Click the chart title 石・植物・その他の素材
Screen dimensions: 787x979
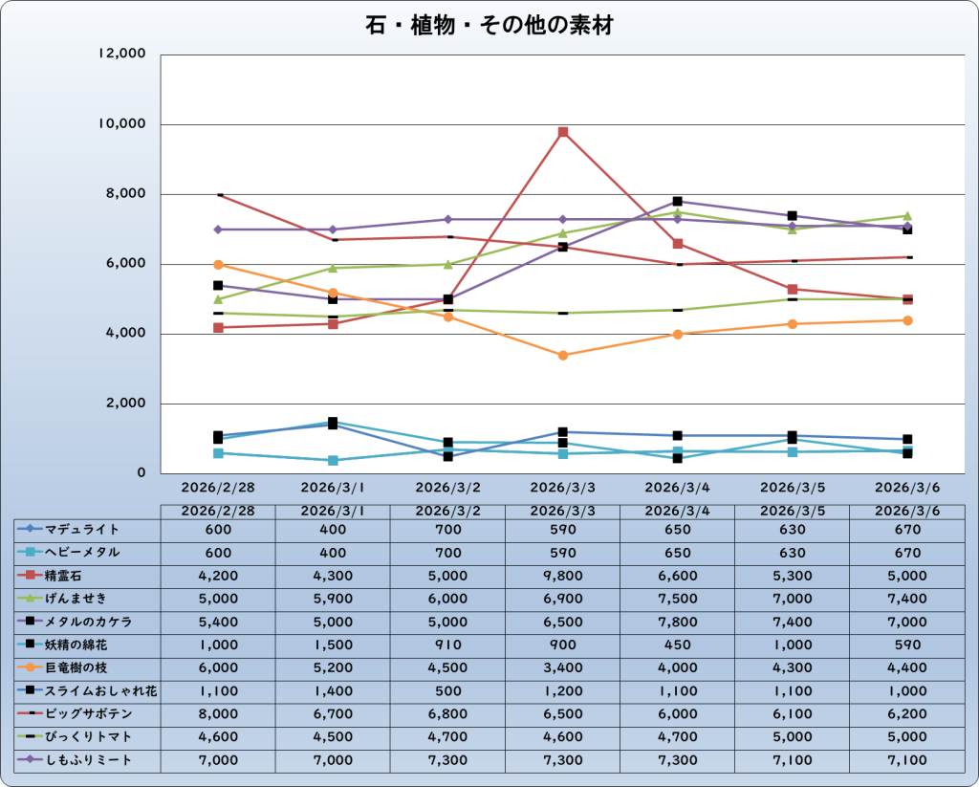coord(489,26)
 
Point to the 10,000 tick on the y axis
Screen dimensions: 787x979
coord(121,124)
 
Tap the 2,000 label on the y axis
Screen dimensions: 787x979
coord(125,404)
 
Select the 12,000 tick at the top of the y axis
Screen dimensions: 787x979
coord(121,55)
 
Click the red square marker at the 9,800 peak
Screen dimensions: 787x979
coord(563,132)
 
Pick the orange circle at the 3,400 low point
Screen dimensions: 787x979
coord(563,355)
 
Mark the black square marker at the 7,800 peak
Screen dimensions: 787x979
coord(677,202)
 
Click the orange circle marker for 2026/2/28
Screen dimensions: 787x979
coord(218,265)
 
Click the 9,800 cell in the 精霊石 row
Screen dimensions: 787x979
coord(563,576)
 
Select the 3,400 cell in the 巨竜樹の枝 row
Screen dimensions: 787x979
coord(563,667)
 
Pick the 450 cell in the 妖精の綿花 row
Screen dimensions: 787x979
coord(677,645)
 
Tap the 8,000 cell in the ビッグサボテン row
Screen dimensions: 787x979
coord(218,714)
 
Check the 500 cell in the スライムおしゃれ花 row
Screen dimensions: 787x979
coord(447,690)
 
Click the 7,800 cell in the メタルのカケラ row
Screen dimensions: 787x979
coord(677,622)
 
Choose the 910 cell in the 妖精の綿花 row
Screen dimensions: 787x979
coord(447,645)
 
